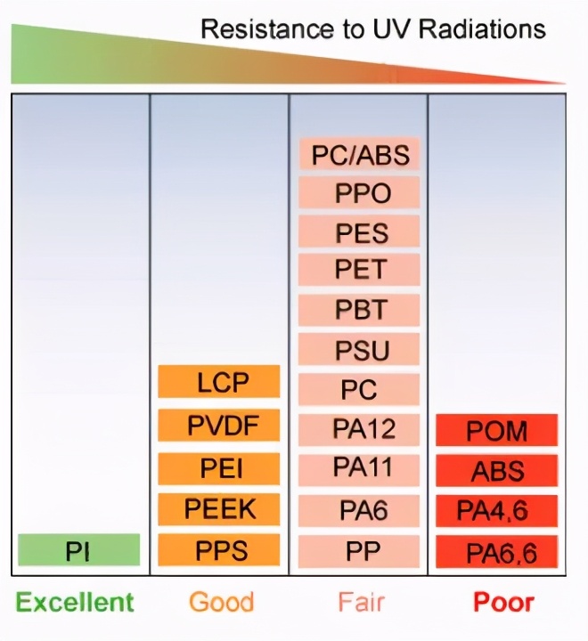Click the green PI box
tap(78, 550)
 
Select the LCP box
tap(219, 382)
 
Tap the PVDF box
tap(219, 425)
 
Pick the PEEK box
tap(219, 509)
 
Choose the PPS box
tap(219, 549)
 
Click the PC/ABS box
tap(360, 155)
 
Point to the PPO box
tap(360, 193)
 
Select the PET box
tap(360, 270)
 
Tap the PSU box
tap(360, 350)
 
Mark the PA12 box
tap(360, 429)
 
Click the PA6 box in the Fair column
tap(360, 510)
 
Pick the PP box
tap(360, 550)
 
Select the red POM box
tap(497, 431)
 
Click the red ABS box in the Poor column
tap(497, 471)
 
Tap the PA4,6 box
tap(497, 510)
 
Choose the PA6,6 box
tap(497, 552)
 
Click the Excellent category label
tap(75, 602)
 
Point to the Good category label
tap(220, 602)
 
